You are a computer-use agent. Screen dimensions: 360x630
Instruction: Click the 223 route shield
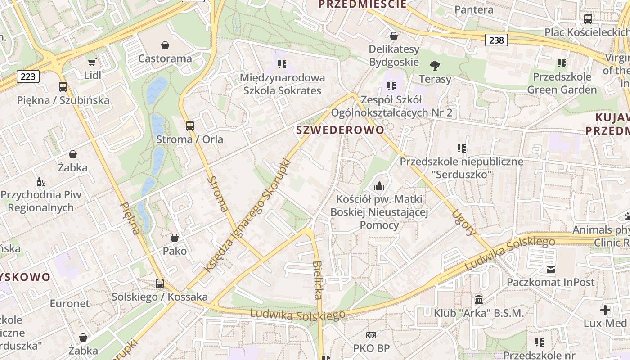pos(28,76)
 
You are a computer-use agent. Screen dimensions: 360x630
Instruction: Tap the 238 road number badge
pos(496,40)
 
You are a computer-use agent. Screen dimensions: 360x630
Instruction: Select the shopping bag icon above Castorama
pos(165,45)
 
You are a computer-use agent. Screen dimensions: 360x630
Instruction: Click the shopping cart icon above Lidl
pos(92,63)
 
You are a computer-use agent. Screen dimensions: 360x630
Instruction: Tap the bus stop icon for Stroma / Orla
pos(190,126)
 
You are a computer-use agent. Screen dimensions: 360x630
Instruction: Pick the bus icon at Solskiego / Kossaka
pos(160,283)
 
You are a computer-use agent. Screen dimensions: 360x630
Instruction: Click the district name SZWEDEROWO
pos(340,130)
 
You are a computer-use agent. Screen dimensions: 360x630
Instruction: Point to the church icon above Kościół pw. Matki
pos(379,185)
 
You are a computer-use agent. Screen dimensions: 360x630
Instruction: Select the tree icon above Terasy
pos(435,66)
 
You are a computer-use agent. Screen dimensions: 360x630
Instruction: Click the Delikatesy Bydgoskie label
pos(394,55)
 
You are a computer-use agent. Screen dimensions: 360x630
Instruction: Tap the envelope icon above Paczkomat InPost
pos(551,270)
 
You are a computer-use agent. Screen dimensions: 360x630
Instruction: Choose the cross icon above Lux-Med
pos(605,310)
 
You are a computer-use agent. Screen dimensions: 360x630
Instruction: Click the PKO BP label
pos(371,348)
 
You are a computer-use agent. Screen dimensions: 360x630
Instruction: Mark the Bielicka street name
pos(318,280)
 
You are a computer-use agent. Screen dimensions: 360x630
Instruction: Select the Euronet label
pos(70,303)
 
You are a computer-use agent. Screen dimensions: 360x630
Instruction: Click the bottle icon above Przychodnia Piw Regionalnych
pos(40,182)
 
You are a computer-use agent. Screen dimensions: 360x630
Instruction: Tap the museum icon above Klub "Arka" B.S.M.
pos(479,299)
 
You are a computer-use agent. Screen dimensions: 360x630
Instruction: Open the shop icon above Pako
pos(175,238)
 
